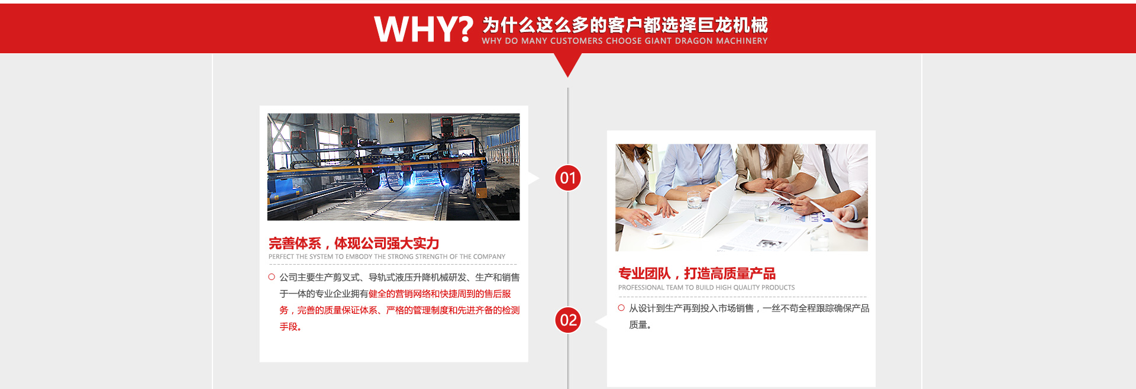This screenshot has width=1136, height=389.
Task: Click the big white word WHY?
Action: pyautogui.click(x=424, y=29)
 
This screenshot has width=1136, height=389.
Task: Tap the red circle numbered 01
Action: pyautogui.click(x=568, y=178)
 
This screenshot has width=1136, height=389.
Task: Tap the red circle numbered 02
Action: pyautogui.click(x=568, y=320)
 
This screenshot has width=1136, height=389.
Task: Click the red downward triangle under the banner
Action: pyautogui.click(x=567, y=63)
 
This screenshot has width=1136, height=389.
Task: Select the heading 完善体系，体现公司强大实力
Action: pyautogui.click(x=354, y=243)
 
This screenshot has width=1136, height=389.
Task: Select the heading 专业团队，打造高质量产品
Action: pyautogui.click(x=696, y=274)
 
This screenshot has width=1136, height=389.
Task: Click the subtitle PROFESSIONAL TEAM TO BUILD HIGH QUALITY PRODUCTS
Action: pyautogui.click(x=706, y=288)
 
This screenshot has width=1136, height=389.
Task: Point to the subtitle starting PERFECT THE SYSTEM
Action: pyautogui.click(x=387, y=257)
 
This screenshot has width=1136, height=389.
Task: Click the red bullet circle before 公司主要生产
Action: pyautogui.click(x=272, y=277)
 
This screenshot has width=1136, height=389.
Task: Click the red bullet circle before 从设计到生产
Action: pyautogui.click(x=621, y=308)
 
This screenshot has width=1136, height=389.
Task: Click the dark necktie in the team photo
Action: pyautogui.click(x=830, y=168)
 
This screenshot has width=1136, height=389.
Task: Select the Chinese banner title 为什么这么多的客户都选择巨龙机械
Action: pyautogui.click(x=625, y=25)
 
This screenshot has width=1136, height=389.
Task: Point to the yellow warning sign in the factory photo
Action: pyautogui.click(x=391, y=121)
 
